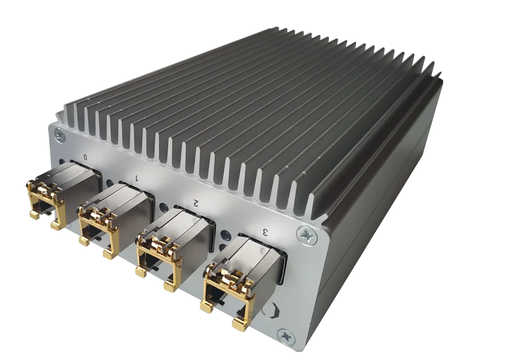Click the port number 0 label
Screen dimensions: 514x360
tap(85, 157)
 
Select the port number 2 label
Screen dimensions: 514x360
tap(196, 203)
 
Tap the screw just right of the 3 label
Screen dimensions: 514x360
tap(307, 235)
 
